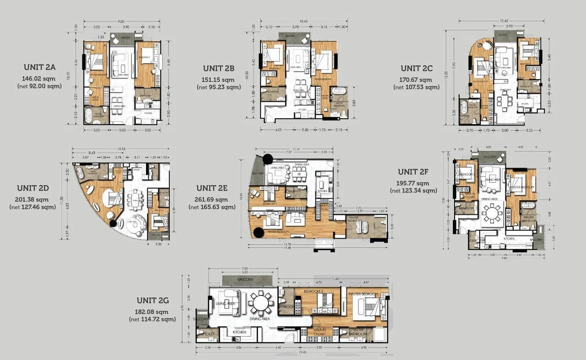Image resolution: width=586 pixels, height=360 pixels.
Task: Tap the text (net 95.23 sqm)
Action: [218, 87]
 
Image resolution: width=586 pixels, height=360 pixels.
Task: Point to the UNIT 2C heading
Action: [416, 68]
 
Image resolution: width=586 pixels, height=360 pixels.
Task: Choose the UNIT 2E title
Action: [212, 188]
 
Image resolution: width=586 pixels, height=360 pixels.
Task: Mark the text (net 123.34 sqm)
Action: [413, 191]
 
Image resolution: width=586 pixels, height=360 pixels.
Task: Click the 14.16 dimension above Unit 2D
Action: [121, 149]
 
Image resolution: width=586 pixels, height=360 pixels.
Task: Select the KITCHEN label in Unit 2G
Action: [239, 332]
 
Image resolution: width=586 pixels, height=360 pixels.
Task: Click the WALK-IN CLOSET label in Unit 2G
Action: [320, 332]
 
